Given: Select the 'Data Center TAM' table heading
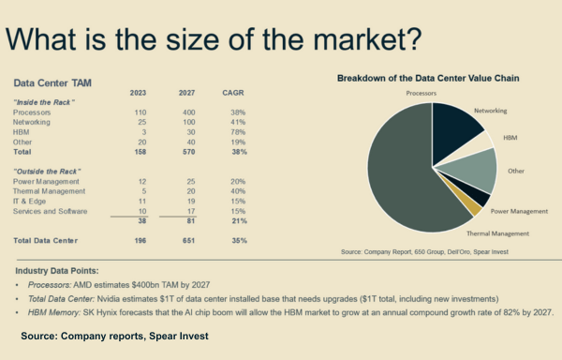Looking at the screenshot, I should pyautogui.click(x=47, y=83).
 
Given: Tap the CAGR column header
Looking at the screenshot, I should pyautogui.click(x=235, y=93).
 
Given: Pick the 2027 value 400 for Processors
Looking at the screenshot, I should pyautogui.click(x=188, y=112).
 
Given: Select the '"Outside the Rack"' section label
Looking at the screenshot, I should pyautogui.click(x=44, y=169).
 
